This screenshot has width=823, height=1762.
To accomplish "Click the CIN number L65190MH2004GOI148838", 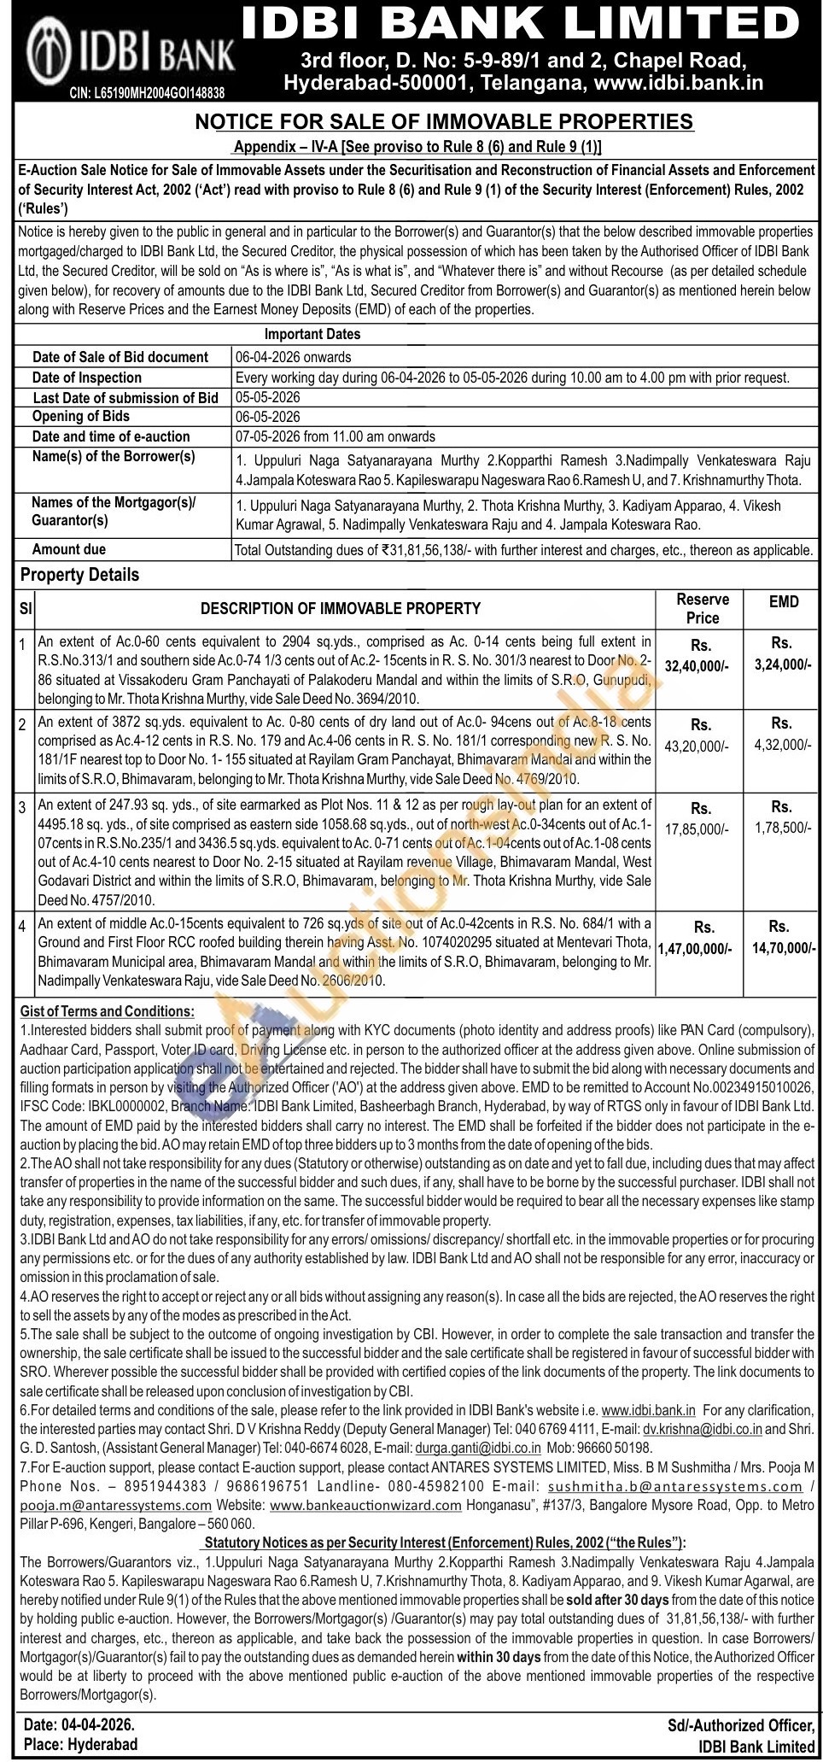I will (x=148, y=92).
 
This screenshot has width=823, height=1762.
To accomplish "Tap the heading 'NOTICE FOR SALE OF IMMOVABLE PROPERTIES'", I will (x=444, y=122).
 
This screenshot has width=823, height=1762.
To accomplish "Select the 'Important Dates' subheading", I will (x=312, y=334).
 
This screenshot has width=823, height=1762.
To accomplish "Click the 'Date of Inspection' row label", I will (x=87, y=378).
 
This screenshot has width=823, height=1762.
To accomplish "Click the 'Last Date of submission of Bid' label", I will (x=125, y=398).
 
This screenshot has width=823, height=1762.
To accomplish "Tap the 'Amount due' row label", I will (x=69, y=549).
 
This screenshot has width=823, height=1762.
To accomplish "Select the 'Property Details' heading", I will (x=79, y=575).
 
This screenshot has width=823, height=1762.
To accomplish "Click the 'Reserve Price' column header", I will (x=702, y=609).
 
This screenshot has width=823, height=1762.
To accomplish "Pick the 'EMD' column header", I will (x=783, y=602).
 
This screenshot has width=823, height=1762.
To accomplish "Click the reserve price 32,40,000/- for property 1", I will (x=699, y=664).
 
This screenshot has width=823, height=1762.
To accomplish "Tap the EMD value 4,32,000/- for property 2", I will (x=782, y=746).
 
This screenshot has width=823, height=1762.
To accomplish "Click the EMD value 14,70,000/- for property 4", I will (x=778, y=948).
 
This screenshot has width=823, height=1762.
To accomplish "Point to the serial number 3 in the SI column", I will (x=23, y=805).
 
